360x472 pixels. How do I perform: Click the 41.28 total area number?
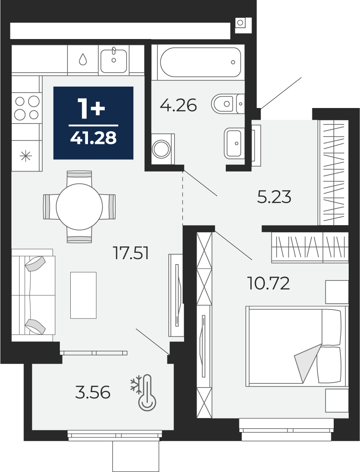click(93, 138)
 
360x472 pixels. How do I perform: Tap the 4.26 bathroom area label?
click(178, 105)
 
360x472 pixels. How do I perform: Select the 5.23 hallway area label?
click(274, 197)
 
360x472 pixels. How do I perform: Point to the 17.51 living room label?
click(131, 253)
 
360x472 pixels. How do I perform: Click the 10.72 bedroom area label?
click(268, 283)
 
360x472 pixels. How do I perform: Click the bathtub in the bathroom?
click(200, 62)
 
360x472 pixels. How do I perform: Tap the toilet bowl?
click(228, 104)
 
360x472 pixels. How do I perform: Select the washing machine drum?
click(162, 149)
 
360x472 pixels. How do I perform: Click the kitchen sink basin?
click(114, 60)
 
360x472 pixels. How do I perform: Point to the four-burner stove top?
click(27, 108)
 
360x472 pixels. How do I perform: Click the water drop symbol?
click(83, 59)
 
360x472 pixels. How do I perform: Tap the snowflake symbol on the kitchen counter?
click(25, 156)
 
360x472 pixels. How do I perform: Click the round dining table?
click(79, 207)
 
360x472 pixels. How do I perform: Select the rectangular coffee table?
click(83, 295)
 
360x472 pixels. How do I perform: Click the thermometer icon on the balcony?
click(147, 393)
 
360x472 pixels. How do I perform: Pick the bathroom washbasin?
click(233, 143)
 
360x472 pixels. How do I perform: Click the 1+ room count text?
click(92, 108)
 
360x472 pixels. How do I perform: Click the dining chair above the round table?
click(79, 177)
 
